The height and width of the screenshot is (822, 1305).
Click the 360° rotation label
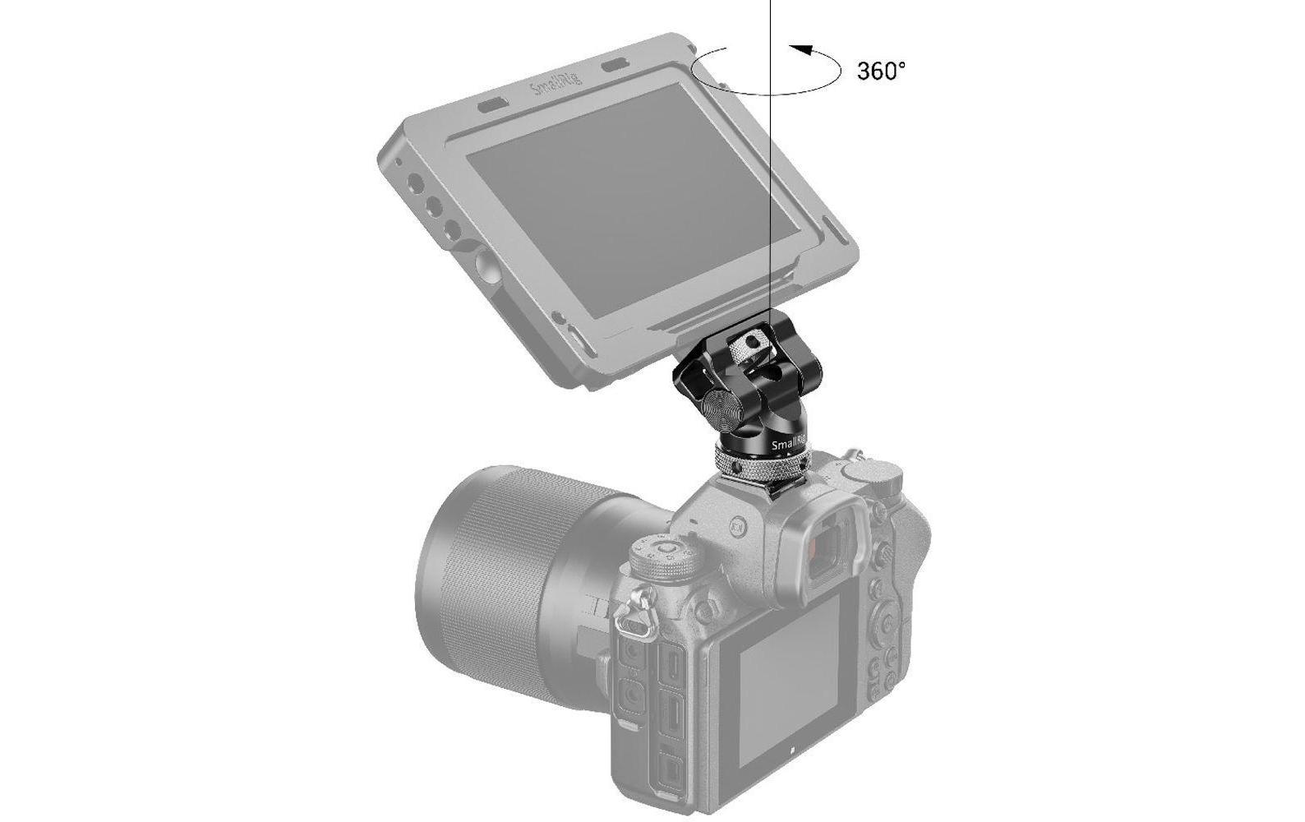click(x=881, y=71)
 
